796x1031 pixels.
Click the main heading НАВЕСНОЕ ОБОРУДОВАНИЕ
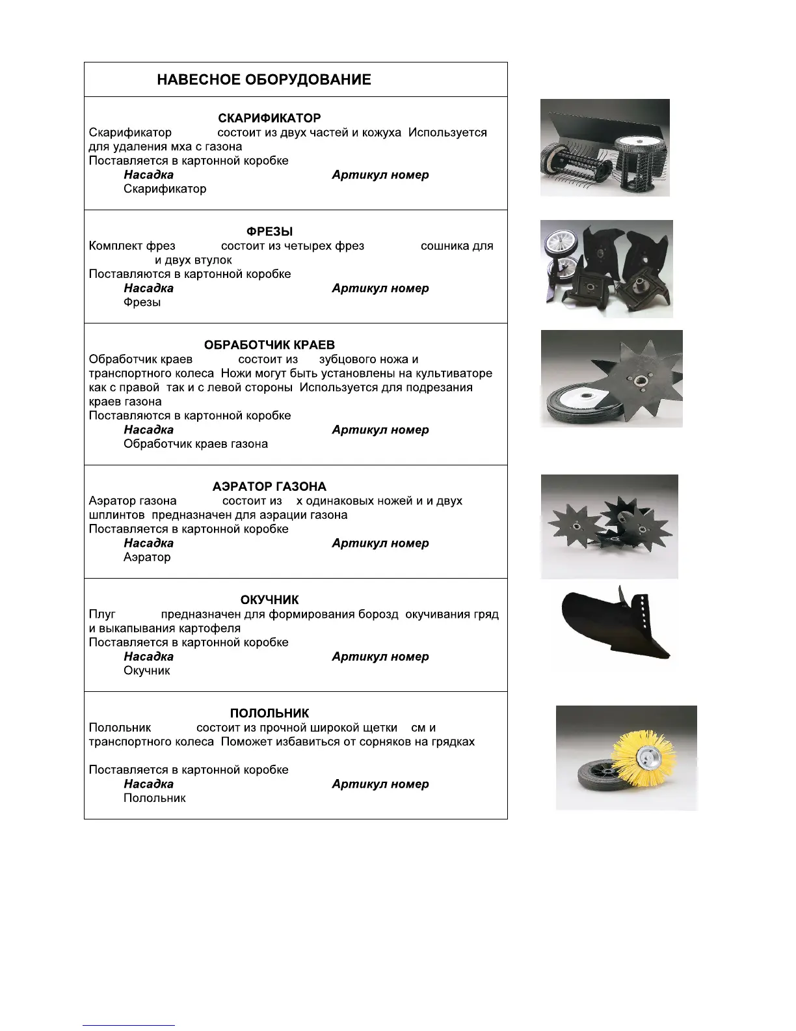264,80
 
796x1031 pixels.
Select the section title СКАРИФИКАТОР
269,118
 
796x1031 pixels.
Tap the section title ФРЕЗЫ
269,232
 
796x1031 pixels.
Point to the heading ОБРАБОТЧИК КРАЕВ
269,345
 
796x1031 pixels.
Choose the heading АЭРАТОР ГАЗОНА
269,487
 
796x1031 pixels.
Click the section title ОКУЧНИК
269,600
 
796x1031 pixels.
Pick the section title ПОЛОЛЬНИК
269,713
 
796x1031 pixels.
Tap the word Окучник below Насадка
147,671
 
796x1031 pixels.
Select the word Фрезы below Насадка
142,303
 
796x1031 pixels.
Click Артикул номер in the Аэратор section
380,543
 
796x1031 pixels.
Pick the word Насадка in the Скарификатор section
148,175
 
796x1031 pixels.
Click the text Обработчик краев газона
196,445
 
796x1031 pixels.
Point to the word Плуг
102,614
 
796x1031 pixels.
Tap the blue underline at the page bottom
129,1025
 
